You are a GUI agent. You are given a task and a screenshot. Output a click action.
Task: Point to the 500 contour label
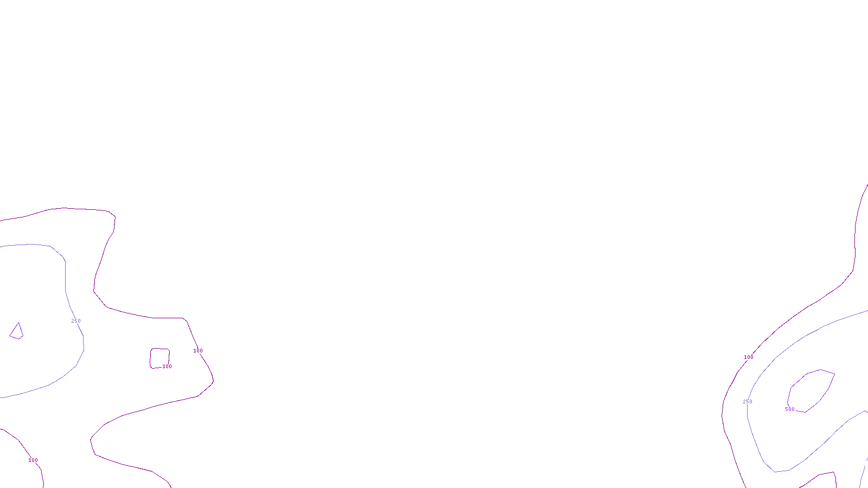pos(790,409)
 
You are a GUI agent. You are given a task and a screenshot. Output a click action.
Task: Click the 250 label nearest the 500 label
pos(748,402)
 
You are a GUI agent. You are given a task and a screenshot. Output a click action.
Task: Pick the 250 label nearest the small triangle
pos(76,321)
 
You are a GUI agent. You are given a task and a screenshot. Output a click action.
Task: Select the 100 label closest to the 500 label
pos(749,357)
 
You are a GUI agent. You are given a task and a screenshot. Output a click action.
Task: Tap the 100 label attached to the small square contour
pos(167,367)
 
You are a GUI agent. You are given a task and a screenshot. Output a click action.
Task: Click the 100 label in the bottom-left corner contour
pos(33,460)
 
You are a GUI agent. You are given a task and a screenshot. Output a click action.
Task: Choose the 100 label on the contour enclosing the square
pos(199,351)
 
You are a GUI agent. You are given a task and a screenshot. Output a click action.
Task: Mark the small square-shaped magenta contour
pos(159,358)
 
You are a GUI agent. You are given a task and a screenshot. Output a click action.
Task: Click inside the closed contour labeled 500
pos(811,390)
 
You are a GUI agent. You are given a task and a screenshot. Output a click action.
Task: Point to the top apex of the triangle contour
pos(19,323)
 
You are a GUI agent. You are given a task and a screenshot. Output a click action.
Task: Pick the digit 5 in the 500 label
pos(787,409)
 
